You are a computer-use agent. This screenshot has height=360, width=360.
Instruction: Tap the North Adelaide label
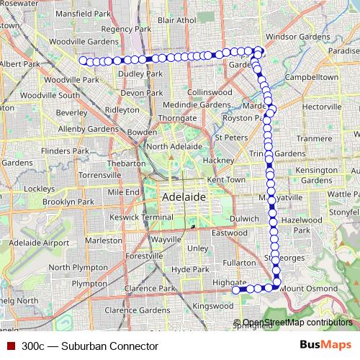point(177,146)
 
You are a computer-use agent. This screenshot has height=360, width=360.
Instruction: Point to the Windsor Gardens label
point(297,35)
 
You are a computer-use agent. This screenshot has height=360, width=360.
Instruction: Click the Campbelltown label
point(312,76)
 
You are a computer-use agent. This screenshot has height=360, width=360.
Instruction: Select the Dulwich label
point(245,218)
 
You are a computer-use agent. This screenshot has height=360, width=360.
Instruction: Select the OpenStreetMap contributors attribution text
point(297,323)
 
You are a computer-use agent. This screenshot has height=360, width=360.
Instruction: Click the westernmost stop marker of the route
point(83,60)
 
